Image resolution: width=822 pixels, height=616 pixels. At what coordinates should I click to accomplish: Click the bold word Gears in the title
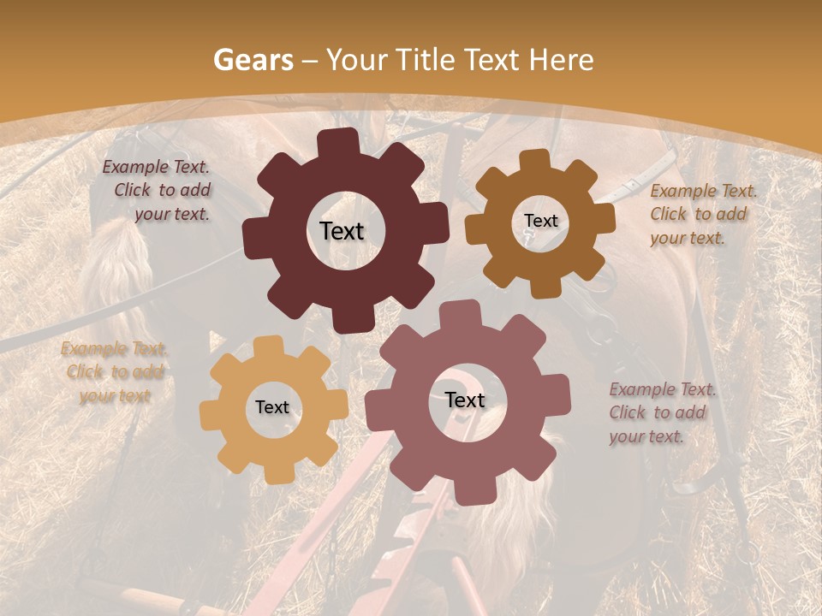pos(253,60)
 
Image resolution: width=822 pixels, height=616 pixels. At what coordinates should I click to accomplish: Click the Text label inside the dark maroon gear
pos(342,231)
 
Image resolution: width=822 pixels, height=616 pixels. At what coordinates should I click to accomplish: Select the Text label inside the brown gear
pos(540,221)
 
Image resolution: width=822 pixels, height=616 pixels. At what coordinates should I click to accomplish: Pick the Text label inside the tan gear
pos(272,408)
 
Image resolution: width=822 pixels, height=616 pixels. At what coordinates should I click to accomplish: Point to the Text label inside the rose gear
pos(465,400)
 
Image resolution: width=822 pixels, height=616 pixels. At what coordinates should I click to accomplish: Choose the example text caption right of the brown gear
pos(703,214)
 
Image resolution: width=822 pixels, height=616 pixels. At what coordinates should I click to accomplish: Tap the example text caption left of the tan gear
pos(114,372)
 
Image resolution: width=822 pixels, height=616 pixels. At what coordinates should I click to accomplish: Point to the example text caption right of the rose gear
pos(662,412)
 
